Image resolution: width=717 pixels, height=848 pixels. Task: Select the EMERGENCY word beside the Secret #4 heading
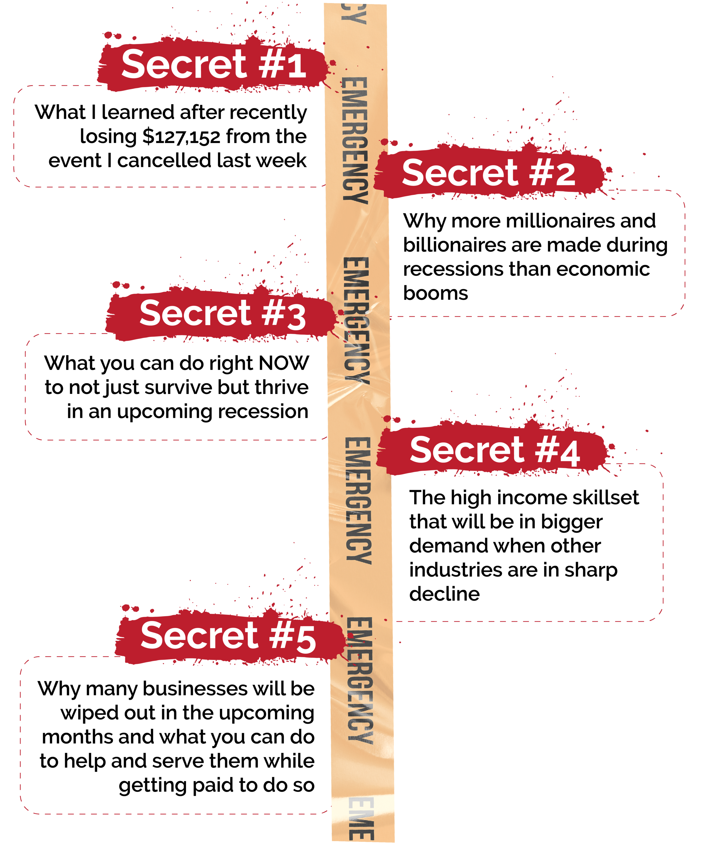358,500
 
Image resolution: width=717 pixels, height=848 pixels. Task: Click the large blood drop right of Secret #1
332,63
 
